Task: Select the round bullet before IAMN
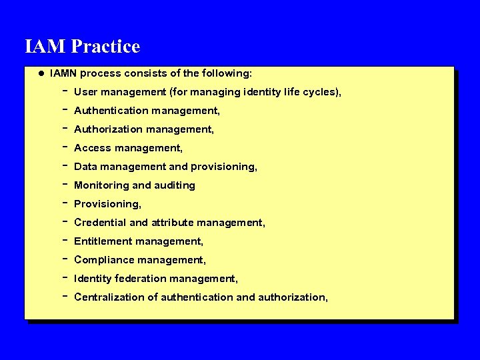[x=41, y=72]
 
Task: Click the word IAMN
[x=64, y=72]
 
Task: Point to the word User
[x=86, y=92]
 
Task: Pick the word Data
[x=86, y=167]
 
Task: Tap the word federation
[x=143, y=279]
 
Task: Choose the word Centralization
[x=109, y=297]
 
